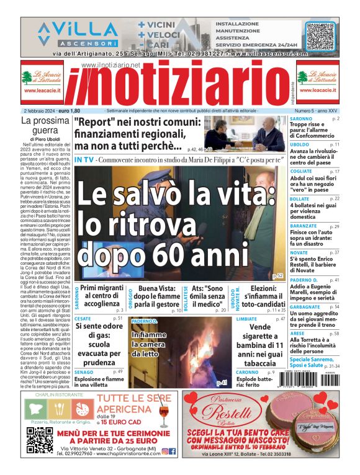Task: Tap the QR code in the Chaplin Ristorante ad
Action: (39, 441)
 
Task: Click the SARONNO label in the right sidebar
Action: (301, 118)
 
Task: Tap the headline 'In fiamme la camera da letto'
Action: (148, 344)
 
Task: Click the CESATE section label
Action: (83, 319)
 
